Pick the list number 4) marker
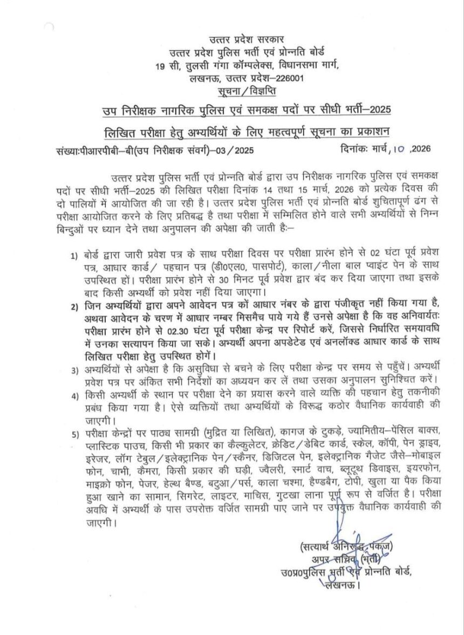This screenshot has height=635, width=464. pos(73,395)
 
